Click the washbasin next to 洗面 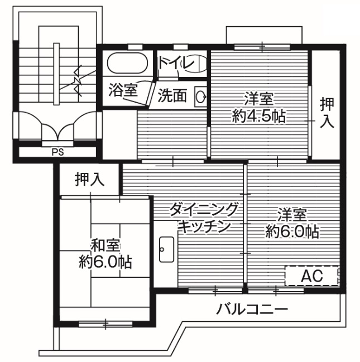coord(200,96)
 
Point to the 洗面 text coord(171,96)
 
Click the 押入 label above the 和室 coord(89,180)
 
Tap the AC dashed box coord(311,276)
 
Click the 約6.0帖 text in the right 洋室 coord(292,231)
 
